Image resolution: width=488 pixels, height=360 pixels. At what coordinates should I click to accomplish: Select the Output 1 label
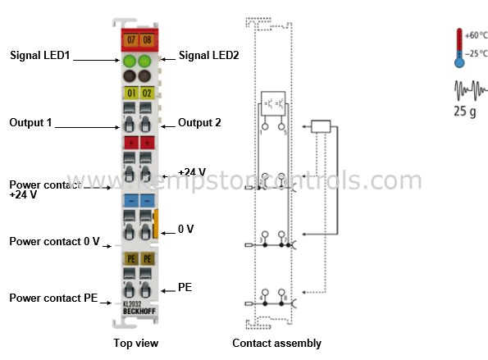pyautogui.click(x=32, y=123)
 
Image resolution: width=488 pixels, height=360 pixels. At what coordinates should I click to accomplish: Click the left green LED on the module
pyautogui.click(x=131, y=62)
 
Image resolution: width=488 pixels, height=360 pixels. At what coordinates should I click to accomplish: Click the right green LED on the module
pyautogui.click(x=145, y=62)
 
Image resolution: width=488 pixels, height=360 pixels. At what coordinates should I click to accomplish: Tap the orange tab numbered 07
pyautogui.click(x=131, y=39)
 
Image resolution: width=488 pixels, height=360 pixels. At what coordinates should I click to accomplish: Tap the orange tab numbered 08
pyautogui.click(x=146, y=39)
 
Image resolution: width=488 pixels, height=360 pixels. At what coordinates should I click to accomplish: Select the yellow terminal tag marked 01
pyautogui.click(x=131, y=92)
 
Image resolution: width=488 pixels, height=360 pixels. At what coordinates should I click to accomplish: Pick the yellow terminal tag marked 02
pyautogui.click(x=146, y=92)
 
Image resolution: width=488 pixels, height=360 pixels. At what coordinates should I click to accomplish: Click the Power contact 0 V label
pyautogui.click(x=54, y=241)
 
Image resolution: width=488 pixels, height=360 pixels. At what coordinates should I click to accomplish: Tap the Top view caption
pyautogui.click(x=136, y=343)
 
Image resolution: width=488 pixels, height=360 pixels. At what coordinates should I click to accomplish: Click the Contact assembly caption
pyautogui.click(x=276, y=343)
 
